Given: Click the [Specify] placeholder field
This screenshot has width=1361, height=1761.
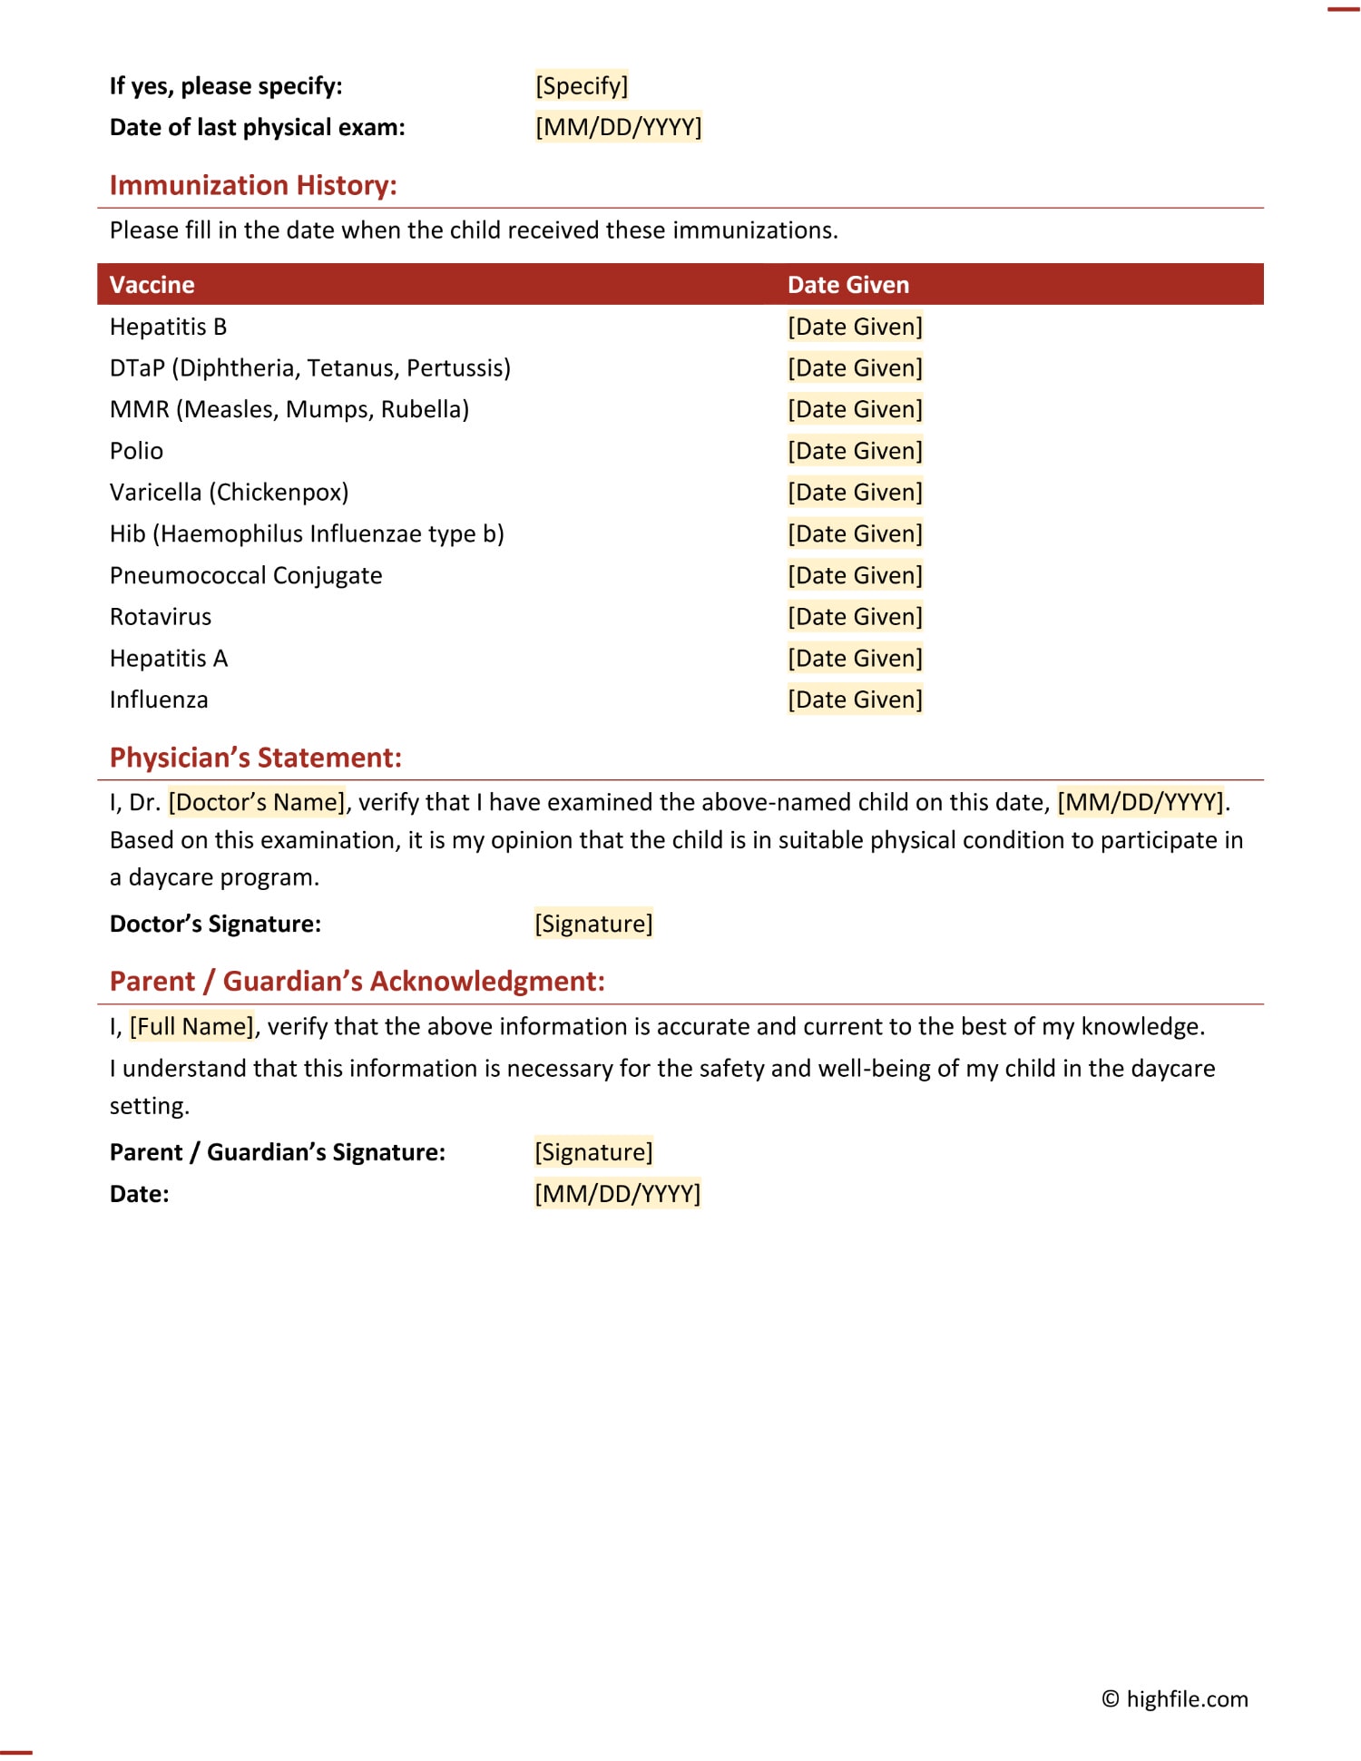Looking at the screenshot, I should coord(582,86).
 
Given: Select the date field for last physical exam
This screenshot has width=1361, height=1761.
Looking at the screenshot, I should coord(618,127).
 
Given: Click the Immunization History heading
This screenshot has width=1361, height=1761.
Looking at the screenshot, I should coord(253,185).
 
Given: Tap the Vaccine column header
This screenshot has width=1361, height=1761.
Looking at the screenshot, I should coord(152,285).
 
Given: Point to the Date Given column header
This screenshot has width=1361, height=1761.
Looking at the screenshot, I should coord(847,285).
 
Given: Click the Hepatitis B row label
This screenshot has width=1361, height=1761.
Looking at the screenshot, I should coord(168,327).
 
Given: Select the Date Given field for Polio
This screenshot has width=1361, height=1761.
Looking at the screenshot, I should coord(855,451).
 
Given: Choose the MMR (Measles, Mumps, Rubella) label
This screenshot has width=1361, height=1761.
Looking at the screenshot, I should coord(289,409).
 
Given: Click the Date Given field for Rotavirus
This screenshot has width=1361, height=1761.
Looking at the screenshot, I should coord(855,617).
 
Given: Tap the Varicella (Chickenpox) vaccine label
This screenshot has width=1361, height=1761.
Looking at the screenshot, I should coord(229,493).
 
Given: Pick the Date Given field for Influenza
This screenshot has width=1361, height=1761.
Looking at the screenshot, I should coord(855,700).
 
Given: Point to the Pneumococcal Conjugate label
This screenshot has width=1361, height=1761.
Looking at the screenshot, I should coord(246,575).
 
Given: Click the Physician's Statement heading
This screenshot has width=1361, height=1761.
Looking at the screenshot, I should coord(255,758).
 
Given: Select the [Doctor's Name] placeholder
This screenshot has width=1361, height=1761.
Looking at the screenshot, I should coord(257,802).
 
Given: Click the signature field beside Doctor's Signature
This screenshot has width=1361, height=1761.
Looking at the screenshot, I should coord(593,924).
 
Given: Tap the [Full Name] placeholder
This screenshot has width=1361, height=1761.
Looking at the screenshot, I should coord(191,1026).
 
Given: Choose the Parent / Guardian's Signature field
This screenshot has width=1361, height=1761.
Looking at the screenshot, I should coord(593,1152).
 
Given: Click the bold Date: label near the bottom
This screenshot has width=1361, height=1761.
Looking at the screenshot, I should coord(139,1194).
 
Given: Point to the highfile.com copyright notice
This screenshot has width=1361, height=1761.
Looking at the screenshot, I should coord(1174,1699).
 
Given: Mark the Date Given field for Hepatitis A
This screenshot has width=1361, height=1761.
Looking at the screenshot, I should coord(855,659).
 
